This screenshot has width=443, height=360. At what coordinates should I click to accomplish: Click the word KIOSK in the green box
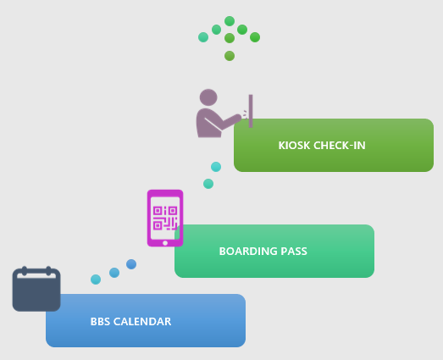pyautogui.click(x=295, y=145)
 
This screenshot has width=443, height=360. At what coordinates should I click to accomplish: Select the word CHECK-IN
pyautogui.click(x=340, y=145)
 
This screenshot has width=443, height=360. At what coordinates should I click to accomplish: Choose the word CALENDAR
pyautogui.click(x=142, y=322)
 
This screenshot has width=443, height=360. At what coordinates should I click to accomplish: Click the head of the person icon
pyautogui.click(x=208, y=97)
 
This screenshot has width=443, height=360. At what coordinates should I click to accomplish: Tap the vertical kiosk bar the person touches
pyautogui.click(x=251, y=111)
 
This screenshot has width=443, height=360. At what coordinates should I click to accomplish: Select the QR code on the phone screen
pyautogui.click(x=165, y=218)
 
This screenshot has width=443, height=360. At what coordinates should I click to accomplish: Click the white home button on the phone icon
pyautogui.click(x=165, y=243)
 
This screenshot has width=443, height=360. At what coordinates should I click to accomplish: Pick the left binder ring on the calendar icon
pyautogui.click(x=25, y=271)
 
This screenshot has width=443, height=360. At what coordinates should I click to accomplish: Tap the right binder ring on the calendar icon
pyautogui.click(x=48, y=271)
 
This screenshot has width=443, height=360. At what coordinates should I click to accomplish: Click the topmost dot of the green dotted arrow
pyautogui.click(x=230, y=21)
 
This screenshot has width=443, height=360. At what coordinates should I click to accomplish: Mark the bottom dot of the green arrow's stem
pyautogui.click(x=230, y=56)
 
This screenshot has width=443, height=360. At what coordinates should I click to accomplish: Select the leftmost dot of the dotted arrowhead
pyautogui.click(x=203, y=37)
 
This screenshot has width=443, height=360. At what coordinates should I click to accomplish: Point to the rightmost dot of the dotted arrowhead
pyautogui.click(x=255, y=37)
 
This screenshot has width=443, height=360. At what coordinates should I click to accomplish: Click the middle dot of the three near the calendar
pyautogui.click(x=114, y=273)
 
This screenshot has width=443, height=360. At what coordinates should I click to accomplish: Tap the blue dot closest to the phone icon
pyautogui.click(x=131, y=264)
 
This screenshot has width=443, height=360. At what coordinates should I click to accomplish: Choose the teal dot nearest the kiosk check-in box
pyautogui.click(x=216, y=167)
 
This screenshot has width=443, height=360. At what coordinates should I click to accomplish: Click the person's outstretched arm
pyautogui.click(x=230, y=121)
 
